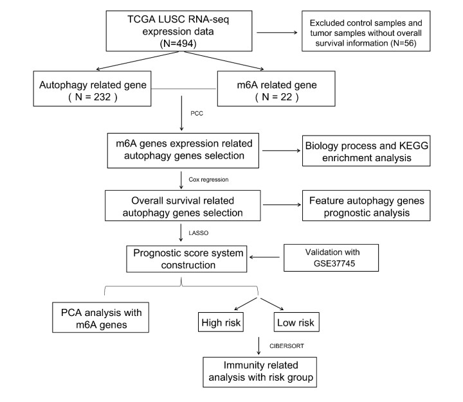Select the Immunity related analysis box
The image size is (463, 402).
259,373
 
